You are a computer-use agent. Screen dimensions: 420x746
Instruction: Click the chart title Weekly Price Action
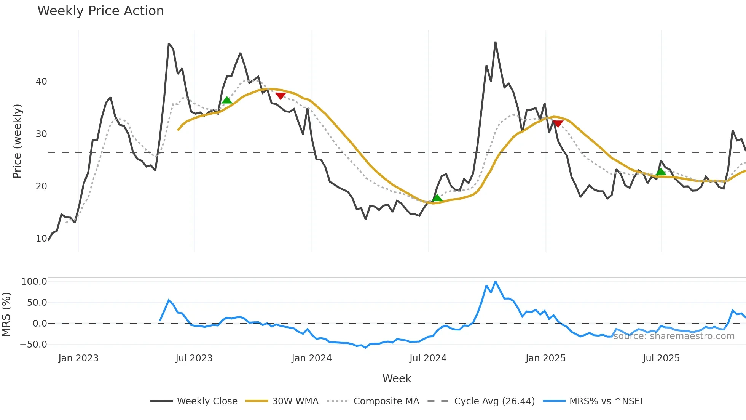[100, 11]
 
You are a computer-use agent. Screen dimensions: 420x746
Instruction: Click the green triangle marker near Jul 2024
[437, 198]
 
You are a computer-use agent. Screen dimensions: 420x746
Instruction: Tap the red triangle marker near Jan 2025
[558, 123]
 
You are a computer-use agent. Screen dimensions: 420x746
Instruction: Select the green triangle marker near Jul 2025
[661, 172]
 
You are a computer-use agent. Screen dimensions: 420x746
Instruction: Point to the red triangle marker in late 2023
[281, 96]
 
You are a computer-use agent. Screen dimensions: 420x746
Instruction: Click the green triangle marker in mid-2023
[227, 100]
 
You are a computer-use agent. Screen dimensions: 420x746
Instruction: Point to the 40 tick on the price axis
[41, 82]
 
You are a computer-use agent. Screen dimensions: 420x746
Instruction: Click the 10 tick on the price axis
[41, 239]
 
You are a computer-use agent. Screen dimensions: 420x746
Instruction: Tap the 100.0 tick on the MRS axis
[34, 282]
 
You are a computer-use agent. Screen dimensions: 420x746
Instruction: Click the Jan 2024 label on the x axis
[312, 358]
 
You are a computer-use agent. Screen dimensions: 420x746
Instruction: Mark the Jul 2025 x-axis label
[661, 358]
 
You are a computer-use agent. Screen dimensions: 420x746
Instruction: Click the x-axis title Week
[397, 378]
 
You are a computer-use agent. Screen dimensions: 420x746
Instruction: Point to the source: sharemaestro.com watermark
[674, 336]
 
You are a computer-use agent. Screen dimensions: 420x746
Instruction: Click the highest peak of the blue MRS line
[495, 282]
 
